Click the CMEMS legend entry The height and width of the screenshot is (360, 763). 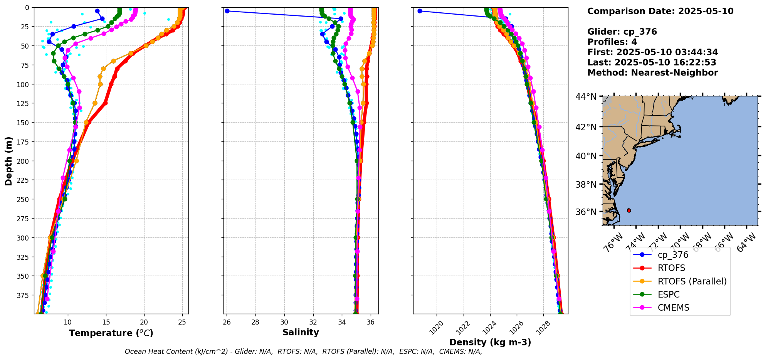tap(673, 308)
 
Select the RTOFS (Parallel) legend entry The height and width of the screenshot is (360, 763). tap(692, 281)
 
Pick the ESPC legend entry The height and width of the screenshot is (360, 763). tap(668, 294)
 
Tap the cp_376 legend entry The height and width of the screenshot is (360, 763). tap(672, 255)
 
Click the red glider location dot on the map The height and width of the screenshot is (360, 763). tap(629, 210)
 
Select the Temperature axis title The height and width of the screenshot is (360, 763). tap(111, 333)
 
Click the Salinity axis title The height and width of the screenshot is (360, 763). tap(301, 332)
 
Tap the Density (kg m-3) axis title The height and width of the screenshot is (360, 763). tap(490, 342)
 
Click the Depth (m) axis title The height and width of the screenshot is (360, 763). tap(8, 161)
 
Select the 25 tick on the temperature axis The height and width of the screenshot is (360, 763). tap(182, 322)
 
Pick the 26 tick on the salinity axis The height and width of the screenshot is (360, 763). tap(227, 322)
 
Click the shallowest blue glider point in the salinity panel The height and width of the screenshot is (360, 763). tap(227, 11)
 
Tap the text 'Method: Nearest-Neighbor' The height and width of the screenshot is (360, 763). tap(652, 73)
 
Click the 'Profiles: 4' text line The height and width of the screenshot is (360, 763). tap(612, 42)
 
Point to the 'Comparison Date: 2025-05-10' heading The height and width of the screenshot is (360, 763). tap(660, 11)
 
